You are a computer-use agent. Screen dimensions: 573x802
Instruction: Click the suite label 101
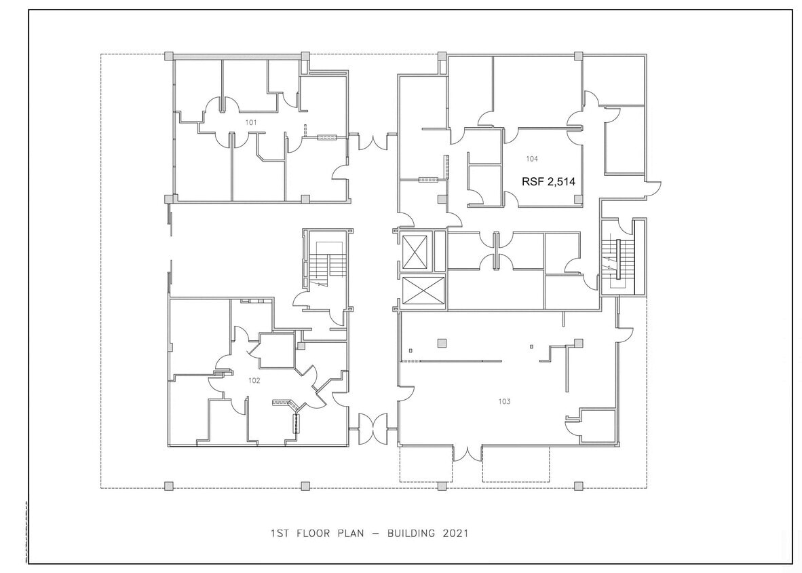point(251,122)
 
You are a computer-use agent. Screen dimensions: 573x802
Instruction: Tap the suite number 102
point(254,381)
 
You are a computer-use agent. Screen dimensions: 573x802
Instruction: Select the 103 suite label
point(504,401)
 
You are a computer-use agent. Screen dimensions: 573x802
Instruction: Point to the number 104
point(532,159)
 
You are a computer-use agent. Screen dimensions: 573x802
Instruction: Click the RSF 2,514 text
point(548,181)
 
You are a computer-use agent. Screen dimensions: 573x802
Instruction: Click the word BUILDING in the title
point(413,534)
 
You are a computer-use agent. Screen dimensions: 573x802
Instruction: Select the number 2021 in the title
point(455,534)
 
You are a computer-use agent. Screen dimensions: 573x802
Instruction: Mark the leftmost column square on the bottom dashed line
point(169,485)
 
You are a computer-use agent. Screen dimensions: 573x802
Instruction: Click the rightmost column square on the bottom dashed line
point(578,485)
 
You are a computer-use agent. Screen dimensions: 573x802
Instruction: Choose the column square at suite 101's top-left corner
point(169,56)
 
